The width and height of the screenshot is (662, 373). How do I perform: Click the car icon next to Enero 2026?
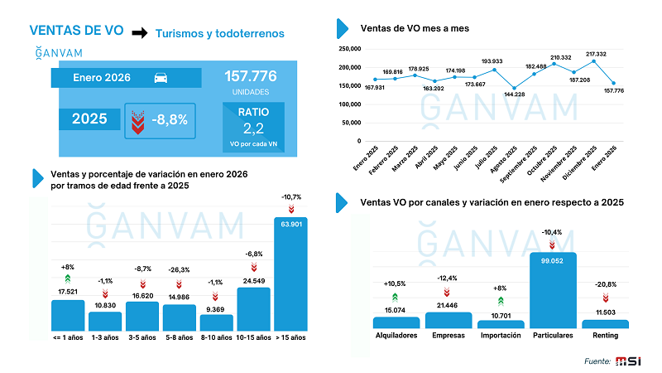point(161,78)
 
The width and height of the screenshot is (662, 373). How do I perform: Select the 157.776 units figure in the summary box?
point(250,76)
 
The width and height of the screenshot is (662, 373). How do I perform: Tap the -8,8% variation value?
point(170,119)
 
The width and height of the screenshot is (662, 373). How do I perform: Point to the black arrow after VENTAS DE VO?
point(140,32)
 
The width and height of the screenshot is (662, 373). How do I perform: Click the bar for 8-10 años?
point(214,319)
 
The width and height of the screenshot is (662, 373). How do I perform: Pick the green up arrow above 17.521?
point(68,279)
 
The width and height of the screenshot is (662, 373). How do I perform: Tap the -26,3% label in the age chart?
point(179,269)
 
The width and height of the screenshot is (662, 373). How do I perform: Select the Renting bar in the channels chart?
point(611,324)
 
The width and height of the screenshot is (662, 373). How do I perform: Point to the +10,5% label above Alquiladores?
point(396,283)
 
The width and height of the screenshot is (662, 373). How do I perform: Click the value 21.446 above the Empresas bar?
point(448,306)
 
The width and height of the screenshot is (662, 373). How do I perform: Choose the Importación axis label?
point(500,337)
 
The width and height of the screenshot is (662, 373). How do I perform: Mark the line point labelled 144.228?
point(514,88)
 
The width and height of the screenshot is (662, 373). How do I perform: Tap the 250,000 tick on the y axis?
point(351,50)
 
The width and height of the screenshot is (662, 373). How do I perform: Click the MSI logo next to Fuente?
point(628,361)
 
